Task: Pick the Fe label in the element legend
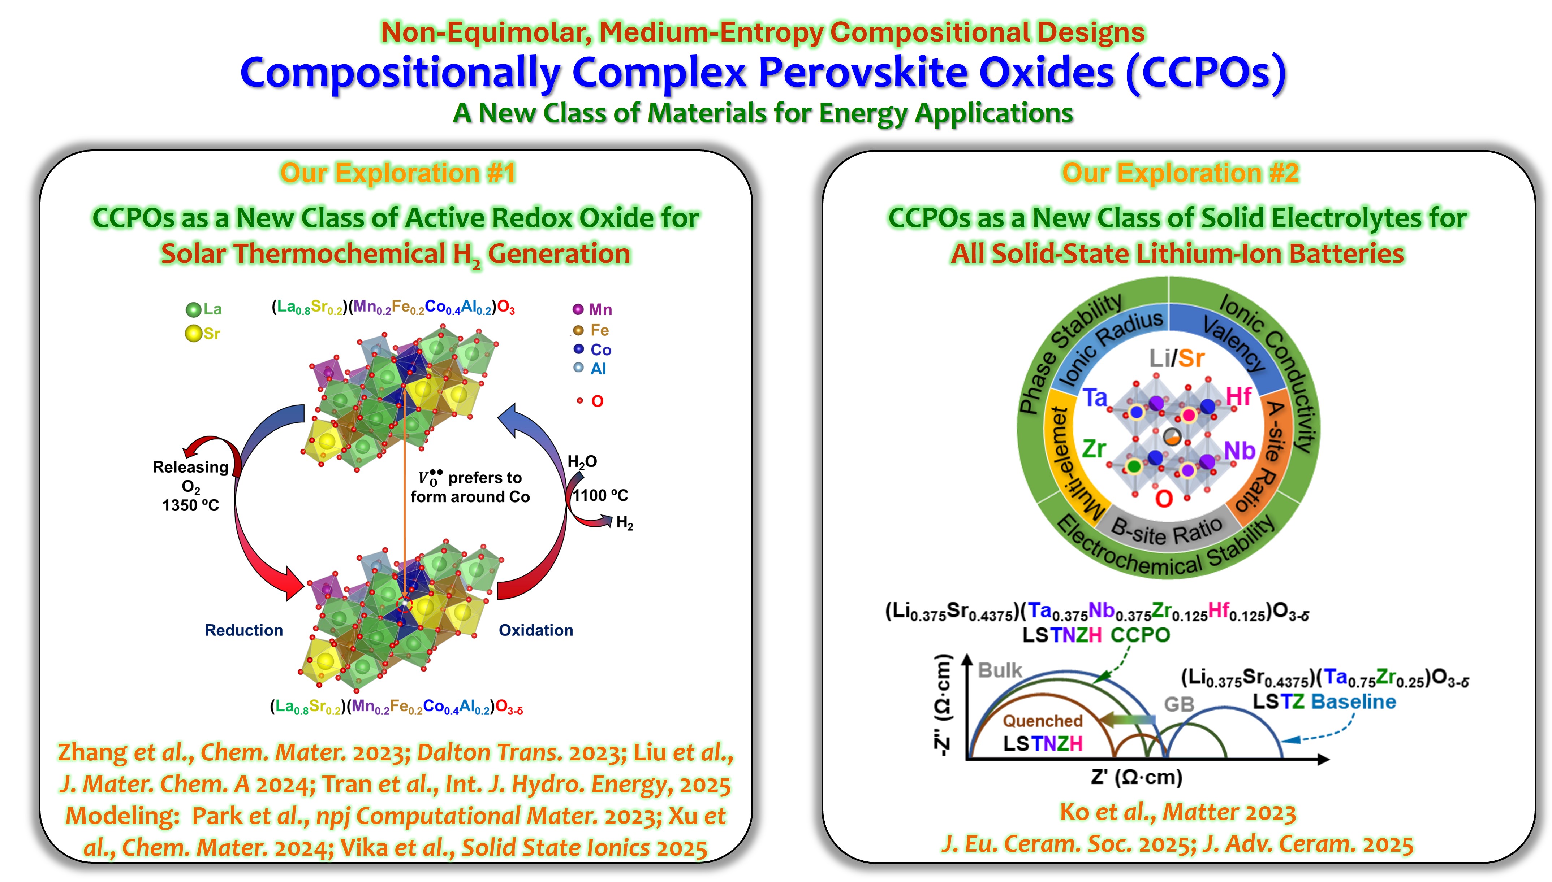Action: click(x=599, y=330)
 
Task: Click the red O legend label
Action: click(x=597, y=401)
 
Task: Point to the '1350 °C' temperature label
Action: click(x=190, y=505)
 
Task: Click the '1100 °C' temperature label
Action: click(x=600, y=496)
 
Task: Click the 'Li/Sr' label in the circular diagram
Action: click(x=1176, y=359)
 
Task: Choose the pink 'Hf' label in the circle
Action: click(x=1238, y=397)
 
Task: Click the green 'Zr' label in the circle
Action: click(x=1094, y=449)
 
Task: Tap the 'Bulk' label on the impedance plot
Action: click(x=1000, y=670)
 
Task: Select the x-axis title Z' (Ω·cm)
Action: click(x=1136, y=777)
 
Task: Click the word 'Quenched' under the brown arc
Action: click(x=1042, y=721)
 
